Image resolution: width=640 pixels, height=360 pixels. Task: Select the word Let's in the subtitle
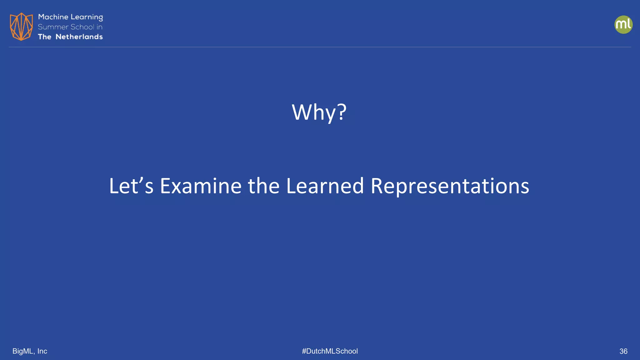click(131, 186)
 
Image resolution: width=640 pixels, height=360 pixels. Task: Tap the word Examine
click(201, 186)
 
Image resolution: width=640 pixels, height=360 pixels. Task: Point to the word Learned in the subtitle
click(325, 186)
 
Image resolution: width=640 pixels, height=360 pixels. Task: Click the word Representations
click(450, 186)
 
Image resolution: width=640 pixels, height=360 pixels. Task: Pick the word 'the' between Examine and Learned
click(263, 186)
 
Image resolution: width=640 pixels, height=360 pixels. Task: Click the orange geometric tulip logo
click(21, 27)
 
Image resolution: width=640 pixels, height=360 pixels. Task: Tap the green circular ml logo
click(623, 25)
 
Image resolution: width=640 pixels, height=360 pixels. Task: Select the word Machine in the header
click(53, 17)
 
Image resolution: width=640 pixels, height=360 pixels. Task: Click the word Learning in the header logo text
click(87, 17)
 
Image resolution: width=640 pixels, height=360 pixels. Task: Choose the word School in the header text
click(82, 27)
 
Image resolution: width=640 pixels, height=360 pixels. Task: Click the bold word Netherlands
click(79, 37)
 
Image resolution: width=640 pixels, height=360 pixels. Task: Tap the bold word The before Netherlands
click(44, 37)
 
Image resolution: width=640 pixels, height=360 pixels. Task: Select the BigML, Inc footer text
click(30, 351)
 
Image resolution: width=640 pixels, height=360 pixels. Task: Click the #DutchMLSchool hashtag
click(330, 351)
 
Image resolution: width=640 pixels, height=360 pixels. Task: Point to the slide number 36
click(623, 351)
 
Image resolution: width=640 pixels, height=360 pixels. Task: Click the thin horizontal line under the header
click(320, 47)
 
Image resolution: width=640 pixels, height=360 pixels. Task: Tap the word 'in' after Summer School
click(99, 27)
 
